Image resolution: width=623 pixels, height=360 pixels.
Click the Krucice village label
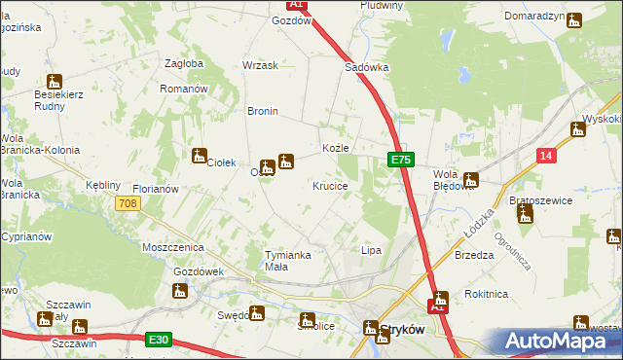[x=330, y=185]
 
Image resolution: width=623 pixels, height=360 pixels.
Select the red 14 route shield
[x=547, y=156]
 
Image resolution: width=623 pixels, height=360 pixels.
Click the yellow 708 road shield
[x=127, y=203]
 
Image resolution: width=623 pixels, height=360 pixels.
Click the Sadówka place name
[x=367, y=68]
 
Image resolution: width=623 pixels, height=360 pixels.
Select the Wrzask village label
[x=261, y=65]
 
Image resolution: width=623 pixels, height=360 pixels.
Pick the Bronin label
[x=263, y=111]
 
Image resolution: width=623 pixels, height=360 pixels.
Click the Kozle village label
[x=336, y=148]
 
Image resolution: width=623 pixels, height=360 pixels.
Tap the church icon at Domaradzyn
[x=574, y=18]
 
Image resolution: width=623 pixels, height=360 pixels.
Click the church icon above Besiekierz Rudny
[x=55, y=83]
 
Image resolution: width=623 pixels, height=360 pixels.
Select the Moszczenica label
[x=170, y=248]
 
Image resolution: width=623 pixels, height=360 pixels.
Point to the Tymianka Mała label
[x=289, y=261]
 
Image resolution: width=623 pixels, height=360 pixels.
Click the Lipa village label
[x=371, y=250]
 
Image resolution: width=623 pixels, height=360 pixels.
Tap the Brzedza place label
[x=474, y=255]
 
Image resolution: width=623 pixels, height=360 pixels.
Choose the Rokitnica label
[x=486, y=293]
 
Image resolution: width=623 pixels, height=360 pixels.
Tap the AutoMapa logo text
[x=564, y=341]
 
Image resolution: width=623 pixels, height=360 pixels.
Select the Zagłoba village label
[x=184, y=63]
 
